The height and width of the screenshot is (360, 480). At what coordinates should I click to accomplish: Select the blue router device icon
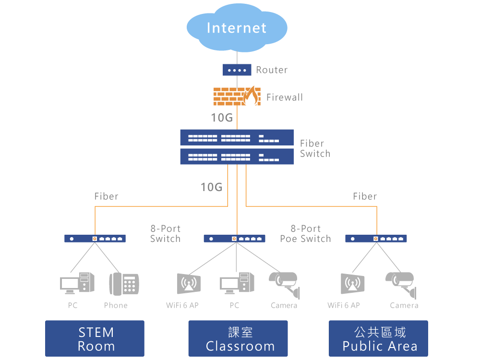pyautogui.click(x=237, y=70)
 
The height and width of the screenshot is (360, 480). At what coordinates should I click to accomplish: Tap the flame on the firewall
pyautogui.click(x=250, y=96)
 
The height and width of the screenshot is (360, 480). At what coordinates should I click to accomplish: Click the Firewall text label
pyautogui.click(x=285, y=97)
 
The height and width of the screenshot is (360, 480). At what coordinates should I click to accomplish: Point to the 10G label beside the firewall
pyautogui.click(x=222, y=118)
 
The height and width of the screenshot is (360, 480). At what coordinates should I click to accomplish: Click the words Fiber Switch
pyautogui.click(x=315, y=148)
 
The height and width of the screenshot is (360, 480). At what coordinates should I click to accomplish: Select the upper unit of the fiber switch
pyautogui.click(x=237, y=138)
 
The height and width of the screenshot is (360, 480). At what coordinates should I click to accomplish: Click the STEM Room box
pyautogui.click(x=95, y=339)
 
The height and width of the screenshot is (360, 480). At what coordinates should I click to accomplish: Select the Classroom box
pyautogui.click(x=238, y=339)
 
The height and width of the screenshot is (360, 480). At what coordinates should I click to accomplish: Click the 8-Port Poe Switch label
pyautogui.click(x=306, y=234)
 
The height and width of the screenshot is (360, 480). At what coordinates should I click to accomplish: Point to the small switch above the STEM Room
pyautogui.click(x=95, y=239)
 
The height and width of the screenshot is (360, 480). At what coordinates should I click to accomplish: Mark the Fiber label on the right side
pyautogui.click(x=365, y=196)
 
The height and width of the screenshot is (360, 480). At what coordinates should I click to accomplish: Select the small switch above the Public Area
pyautogui.click(x=376, y=239)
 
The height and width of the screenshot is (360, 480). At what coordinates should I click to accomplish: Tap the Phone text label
pyautogui.click(x=116, y=305)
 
